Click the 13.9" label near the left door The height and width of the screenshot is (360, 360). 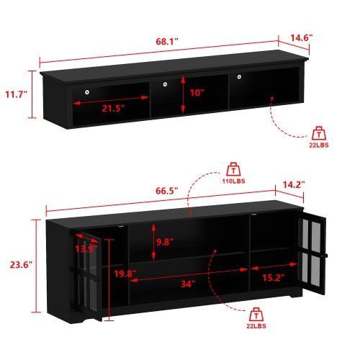85,248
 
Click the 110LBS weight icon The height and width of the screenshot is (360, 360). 233,173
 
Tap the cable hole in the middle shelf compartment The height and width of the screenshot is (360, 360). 164,85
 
